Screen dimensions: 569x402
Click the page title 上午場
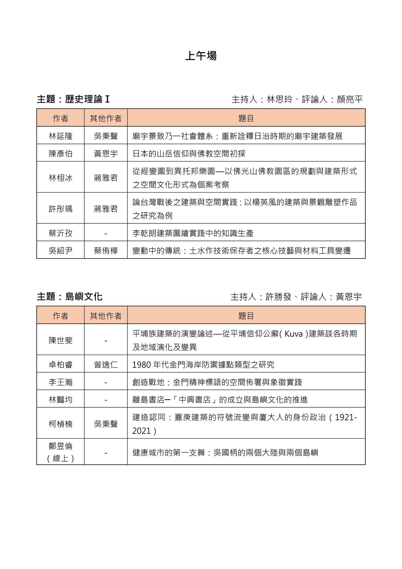(x=201, y=56)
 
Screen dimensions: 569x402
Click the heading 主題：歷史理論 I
(x=73, y=99)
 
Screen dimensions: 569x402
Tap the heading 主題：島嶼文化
(x=70, y=297)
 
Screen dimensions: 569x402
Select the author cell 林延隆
(x=61, y=136)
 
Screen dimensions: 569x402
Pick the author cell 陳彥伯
(x=61, y=154)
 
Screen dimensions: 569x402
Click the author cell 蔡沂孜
(x=61, y=233)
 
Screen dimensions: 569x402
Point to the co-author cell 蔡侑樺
(x=106, y=251)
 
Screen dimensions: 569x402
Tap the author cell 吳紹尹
(x=61, y=251)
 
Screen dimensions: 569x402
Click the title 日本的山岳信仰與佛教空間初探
(x=189, y=154)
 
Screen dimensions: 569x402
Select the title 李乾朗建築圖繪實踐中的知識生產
(x=193, y=233)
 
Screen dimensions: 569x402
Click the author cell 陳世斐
(x=61, y=340)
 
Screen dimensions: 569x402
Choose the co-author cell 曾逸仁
(x=106, y=365)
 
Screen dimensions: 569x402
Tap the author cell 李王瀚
(x=61, y=382)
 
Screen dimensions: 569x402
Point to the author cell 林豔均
(x=61, y=400)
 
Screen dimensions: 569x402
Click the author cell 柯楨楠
(x=61, y=424)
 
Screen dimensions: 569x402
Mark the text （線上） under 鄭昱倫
(x=61, y=458)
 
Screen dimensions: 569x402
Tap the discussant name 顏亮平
(x=350, y=99)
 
